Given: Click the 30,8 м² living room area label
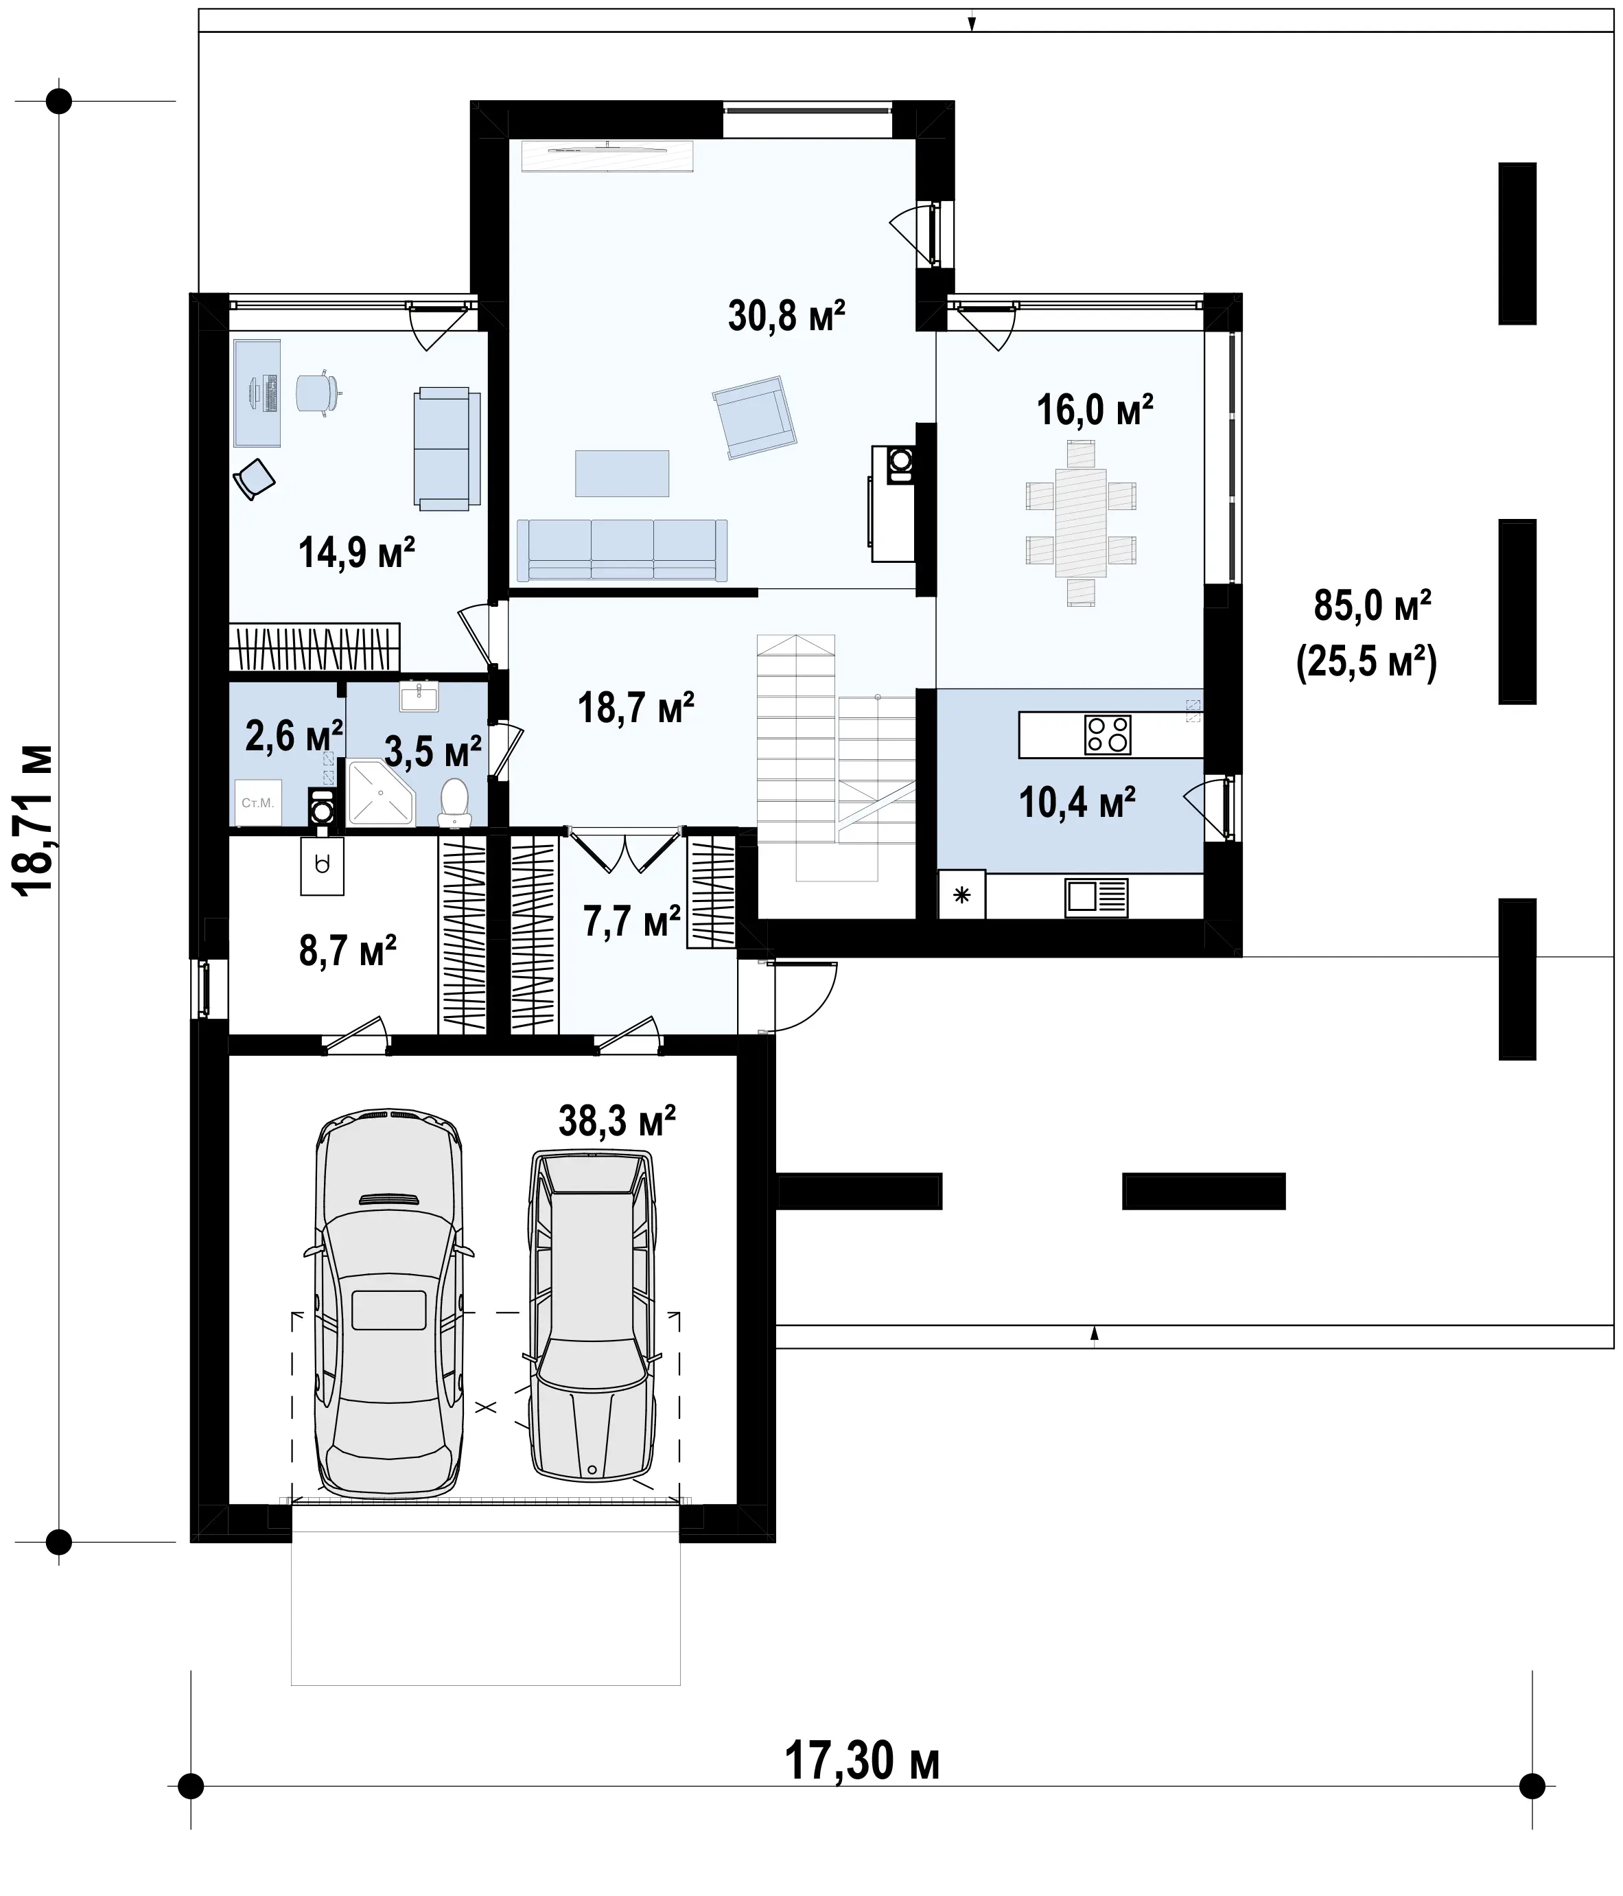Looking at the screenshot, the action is pyautogui.click(x=786, y=315).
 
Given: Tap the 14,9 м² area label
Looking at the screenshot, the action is pyautogui.click(x=357, y=552).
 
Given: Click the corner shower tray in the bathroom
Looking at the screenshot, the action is pyautogui.click(x=382, y=791).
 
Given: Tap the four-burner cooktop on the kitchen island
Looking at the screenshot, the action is pyautogui.click(x=1107, y=734).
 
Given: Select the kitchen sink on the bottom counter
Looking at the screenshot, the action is pyautogui.click(x=1096, y=897).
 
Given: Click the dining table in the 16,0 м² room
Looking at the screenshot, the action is pyautogui.click(x=1080, y=522).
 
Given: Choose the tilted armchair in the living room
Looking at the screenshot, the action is pyautogui.click(x=755, y=417).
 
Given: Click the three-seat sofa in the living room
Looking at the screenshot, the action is pyautogui.click(x=622, y=550).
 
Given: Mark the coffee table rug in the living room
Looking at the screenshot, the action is pyautogui.click(x=622, y=473).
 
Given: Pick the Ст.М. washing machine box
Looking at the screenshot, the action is pyautogui.click(x=258, y=802).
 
